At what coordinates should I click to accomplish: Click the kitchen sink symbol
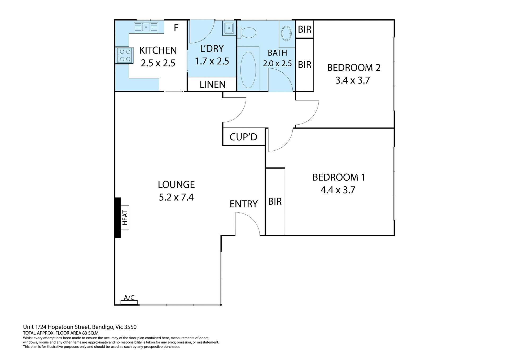coord(146,27)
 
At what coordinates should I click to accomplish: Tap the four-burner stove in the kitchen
coord(124,55)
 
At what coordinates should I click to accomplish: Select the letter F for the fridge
coord(176,28)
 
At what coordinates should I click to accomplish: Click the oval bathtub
coord(248,70)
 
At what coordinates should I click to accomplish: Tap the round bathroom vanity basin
coord(286,33)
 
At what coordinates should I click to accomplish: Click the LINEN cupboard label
coord(212,85)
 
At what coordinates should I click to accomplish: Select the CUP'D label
coord(243,137)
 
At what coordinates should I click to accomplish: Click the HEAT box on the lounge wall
coord(125,218)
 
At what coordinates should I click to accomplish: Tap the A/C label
coord(129,297)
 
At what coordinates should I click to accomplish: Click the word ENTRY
coord(244,204)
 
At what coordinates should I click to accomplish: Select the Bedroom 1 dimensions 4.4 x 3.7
coord(338,190)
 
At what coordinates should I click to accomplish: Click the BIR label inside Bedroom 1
coord(275,202)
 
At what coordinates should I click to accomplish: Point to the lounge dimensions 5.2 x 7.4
coord(176,197)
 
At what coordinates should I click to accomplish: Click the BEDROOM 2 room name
coord(354,68)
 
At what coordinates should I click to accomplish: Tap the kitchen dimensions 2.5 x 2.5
coord(158,63)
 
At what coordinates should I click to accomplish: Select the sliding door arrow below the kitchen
coord(174,91)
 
